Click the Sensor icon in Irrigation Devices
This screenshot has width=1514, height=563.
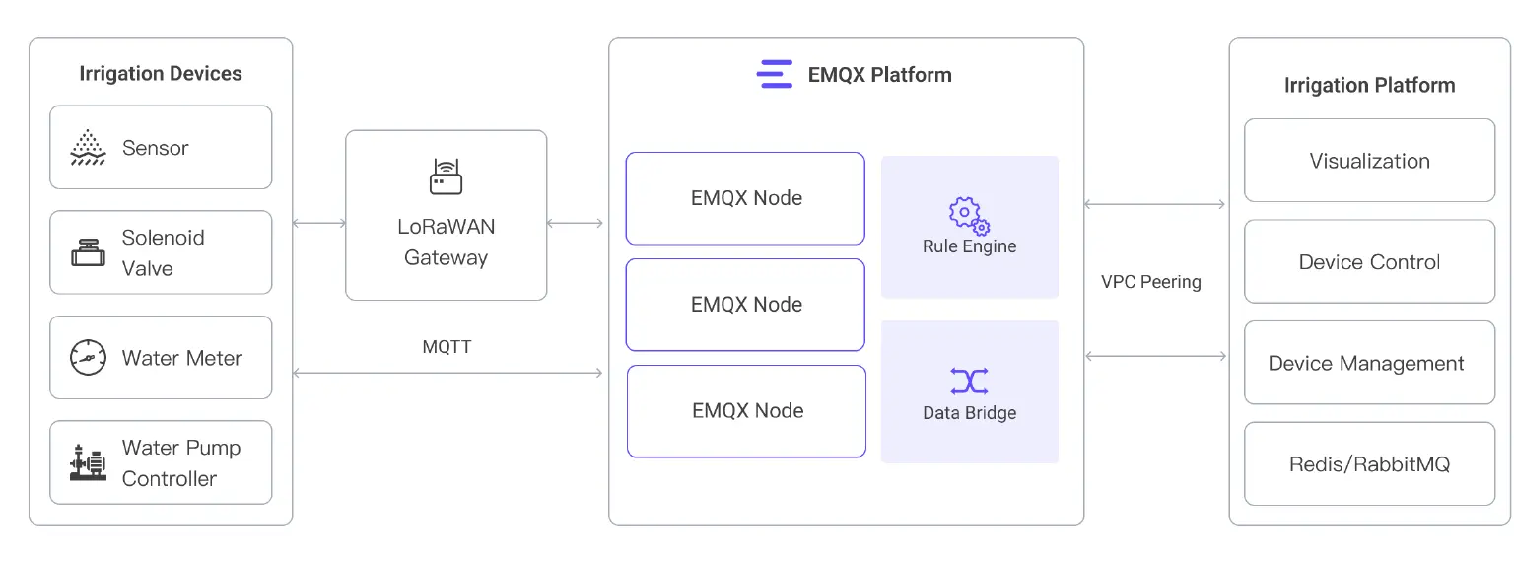pos(88,148)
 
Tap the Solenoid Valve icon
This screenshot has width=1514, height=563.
pos(88,252)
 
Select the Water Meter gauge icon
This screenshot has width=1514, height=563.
pos(88,357)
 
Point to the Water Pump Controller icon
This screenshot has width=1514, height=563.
pos(88,462)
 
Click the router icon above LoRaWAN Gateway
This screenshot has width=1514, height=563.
pos(446,176)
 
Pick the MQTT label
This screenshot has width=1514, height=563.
pos(447,347)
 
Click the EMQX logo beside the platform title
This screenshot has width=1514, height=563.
pos(775,75)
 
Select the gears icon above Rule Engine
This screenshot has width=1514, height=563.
pos(969,214)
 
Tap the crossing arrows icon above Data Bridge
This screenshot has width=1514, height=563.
pos(969,381)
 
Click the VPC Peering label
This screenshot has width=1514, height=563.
pos(1151,282)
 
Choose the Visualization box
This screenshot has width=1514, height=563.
pos(1369,161)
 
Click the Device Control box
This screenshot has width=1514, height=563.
pos(1369,262)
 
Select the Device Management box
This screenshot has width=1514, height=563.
pos(1369,363)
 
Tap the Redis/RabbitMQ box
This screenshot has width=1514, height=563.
pos(1369,464)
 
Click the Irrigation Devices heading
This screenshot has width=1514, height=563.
pos(161,74)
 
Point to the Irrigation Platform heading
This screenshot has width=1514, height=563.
pos(1369,86)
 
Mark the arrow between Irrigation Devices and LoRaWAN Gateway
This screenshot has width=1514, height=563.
pos(319,224)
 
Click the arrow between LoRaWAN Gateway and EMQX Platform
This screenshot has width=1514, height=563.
pos(575,224)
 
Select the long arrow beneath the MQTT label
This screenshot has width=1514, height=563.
pos(447,373)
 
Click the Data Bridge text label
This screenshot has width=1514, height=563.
pos(969,413)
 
